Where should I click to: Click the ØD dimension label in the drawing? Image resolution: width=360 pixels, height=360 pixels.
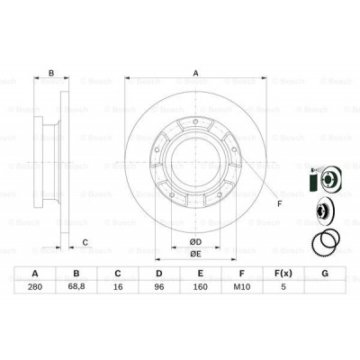tap(194, 243)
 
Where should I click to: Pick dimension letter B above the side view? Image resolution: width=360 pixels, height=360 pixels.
tap(52, 74)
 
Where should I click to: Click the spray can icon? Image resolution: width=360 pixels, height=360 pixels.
tap(312, 180)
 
